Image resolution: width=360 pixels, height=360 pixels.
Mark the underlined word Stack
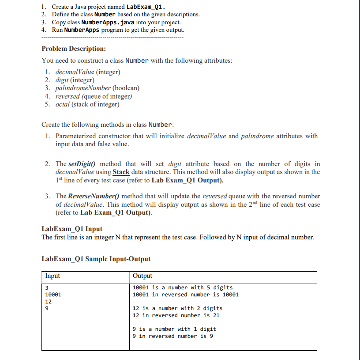coord(121,172)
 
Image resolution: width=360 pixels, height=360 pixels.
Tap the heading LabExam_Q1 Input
coord(72,229)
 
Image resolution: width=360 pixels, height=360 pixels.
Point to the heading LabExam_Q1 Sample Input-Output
coord(96,259)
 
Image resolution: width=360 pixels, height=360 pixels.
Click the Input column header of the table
coord(52,276)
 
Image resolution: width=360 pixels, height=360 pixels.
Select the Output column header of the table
coord(142,276)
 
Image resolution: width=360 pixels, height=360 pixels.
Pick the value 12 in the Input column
coord(49,301)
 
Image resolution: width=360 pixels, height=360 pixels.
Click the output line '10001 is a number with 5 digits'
coord(183,288)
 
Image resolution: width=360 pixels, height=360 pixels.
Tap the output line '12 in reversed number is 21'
coord(176,315)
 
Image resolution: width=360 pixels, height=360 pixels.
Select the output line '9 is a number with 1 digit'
coord(174,329)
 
